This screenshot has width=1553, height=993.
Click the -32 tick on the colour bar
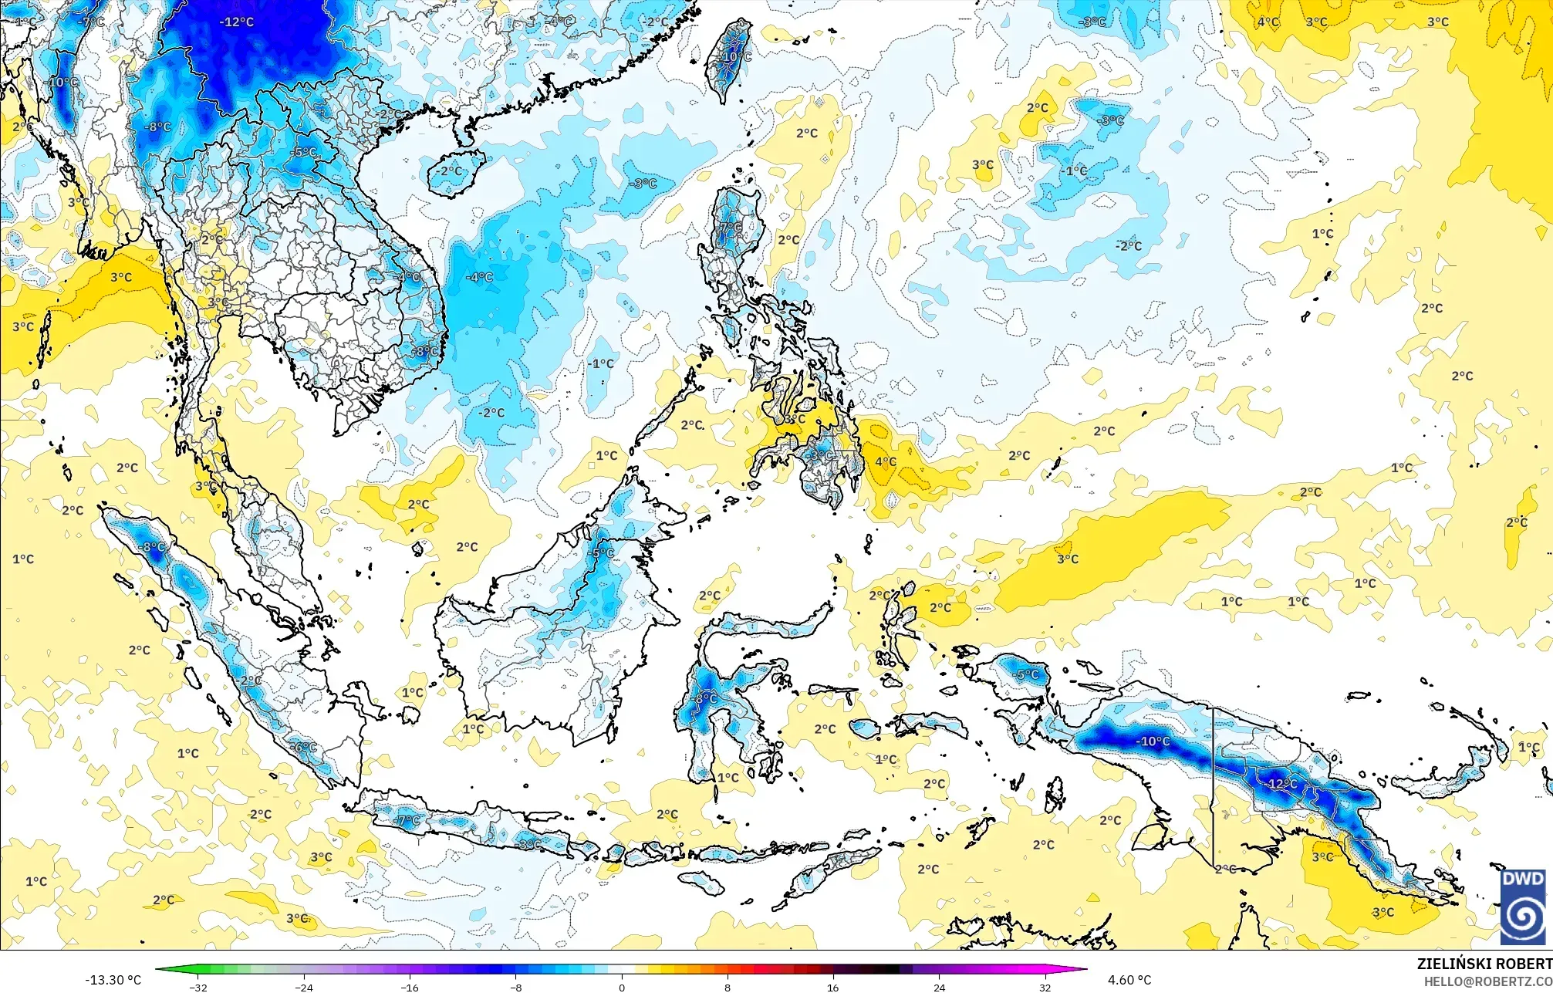click(199, 987)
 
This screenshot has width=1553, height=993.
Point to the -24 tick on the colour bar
click(305, 987)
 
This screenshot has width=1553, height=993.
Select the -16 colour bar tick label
click(410, 987)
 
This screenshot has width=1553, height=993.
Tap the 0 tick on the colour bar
click(622, 987)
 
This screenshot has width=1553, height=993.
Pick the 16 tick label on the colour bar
click(833, 987)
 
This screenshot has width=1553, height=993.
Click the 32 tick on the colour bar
click(1045, 987)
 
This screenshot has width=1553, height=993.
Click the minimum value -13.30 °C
click(113, 980)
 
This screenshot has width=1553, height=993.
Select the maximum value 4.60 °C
click(1129, 980)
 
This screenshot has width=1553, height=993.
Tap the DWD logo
click(1524, 907)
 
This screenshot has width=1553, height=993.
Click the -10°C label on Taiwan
click(735, 57)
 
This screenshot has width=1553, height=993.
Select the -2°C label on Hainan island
click(451, 171)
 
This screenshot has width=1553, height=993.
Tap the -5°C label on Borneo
click(602, 552)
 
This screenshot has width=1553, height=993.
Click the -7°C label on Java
click(407, 820)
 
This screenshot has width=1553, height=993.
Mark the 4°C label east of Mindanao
click(886, 461)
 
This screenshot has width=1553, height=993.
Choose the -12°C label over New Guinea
click(1282, 783)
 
